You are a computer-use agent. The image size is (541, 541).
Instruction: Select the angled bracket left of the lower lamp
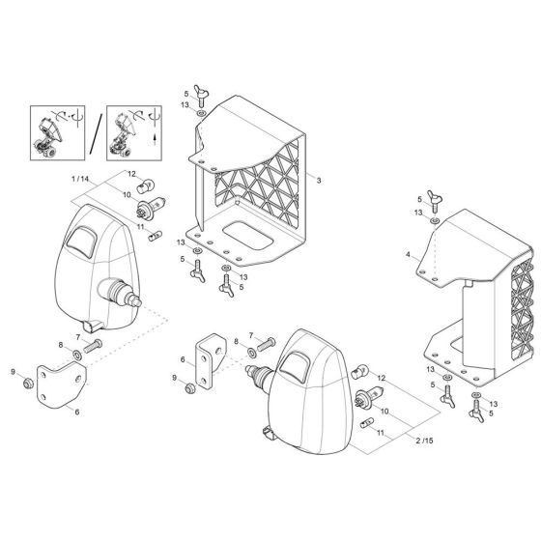tap(206, 359)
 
